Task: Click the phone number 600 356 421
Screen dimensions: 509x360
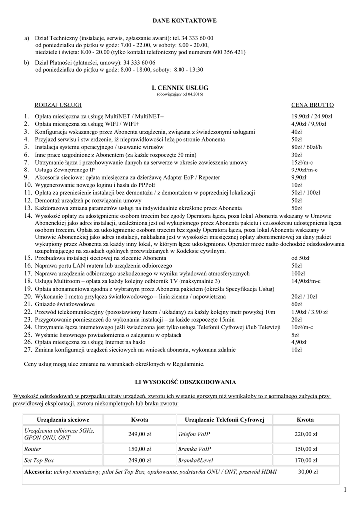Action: (x=227, y=52)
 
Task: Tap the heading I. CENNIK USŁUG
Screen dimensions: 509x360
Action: (x=180, y=88)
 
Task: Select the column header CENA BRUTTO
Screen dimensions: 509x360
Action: (x=312, y=105)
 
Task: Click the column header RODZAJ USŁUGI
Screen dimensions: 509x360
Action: (x=58, y=105)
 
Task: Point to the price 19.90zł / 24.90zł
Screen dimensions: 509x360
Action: (x=312, y=116)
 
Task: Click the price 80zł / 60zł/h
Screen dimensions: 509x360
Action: (x=307, y=147)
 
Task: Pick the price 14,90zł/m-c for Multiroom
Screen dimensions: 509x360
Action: (x=306, y=281)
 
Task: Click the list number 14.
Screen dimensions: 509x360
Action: (x=27, y=216)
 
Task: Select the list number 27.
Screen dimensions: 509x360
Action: (x=27, y=350)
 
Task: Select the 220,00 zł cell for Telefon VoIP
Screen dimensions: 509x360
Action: (x=305, y=434)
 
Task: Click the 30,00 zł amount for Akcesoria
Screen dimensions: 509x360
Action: (x=308, y=471)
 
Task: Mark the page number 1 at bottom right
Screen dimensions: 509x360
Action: (x=344, y=491)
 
